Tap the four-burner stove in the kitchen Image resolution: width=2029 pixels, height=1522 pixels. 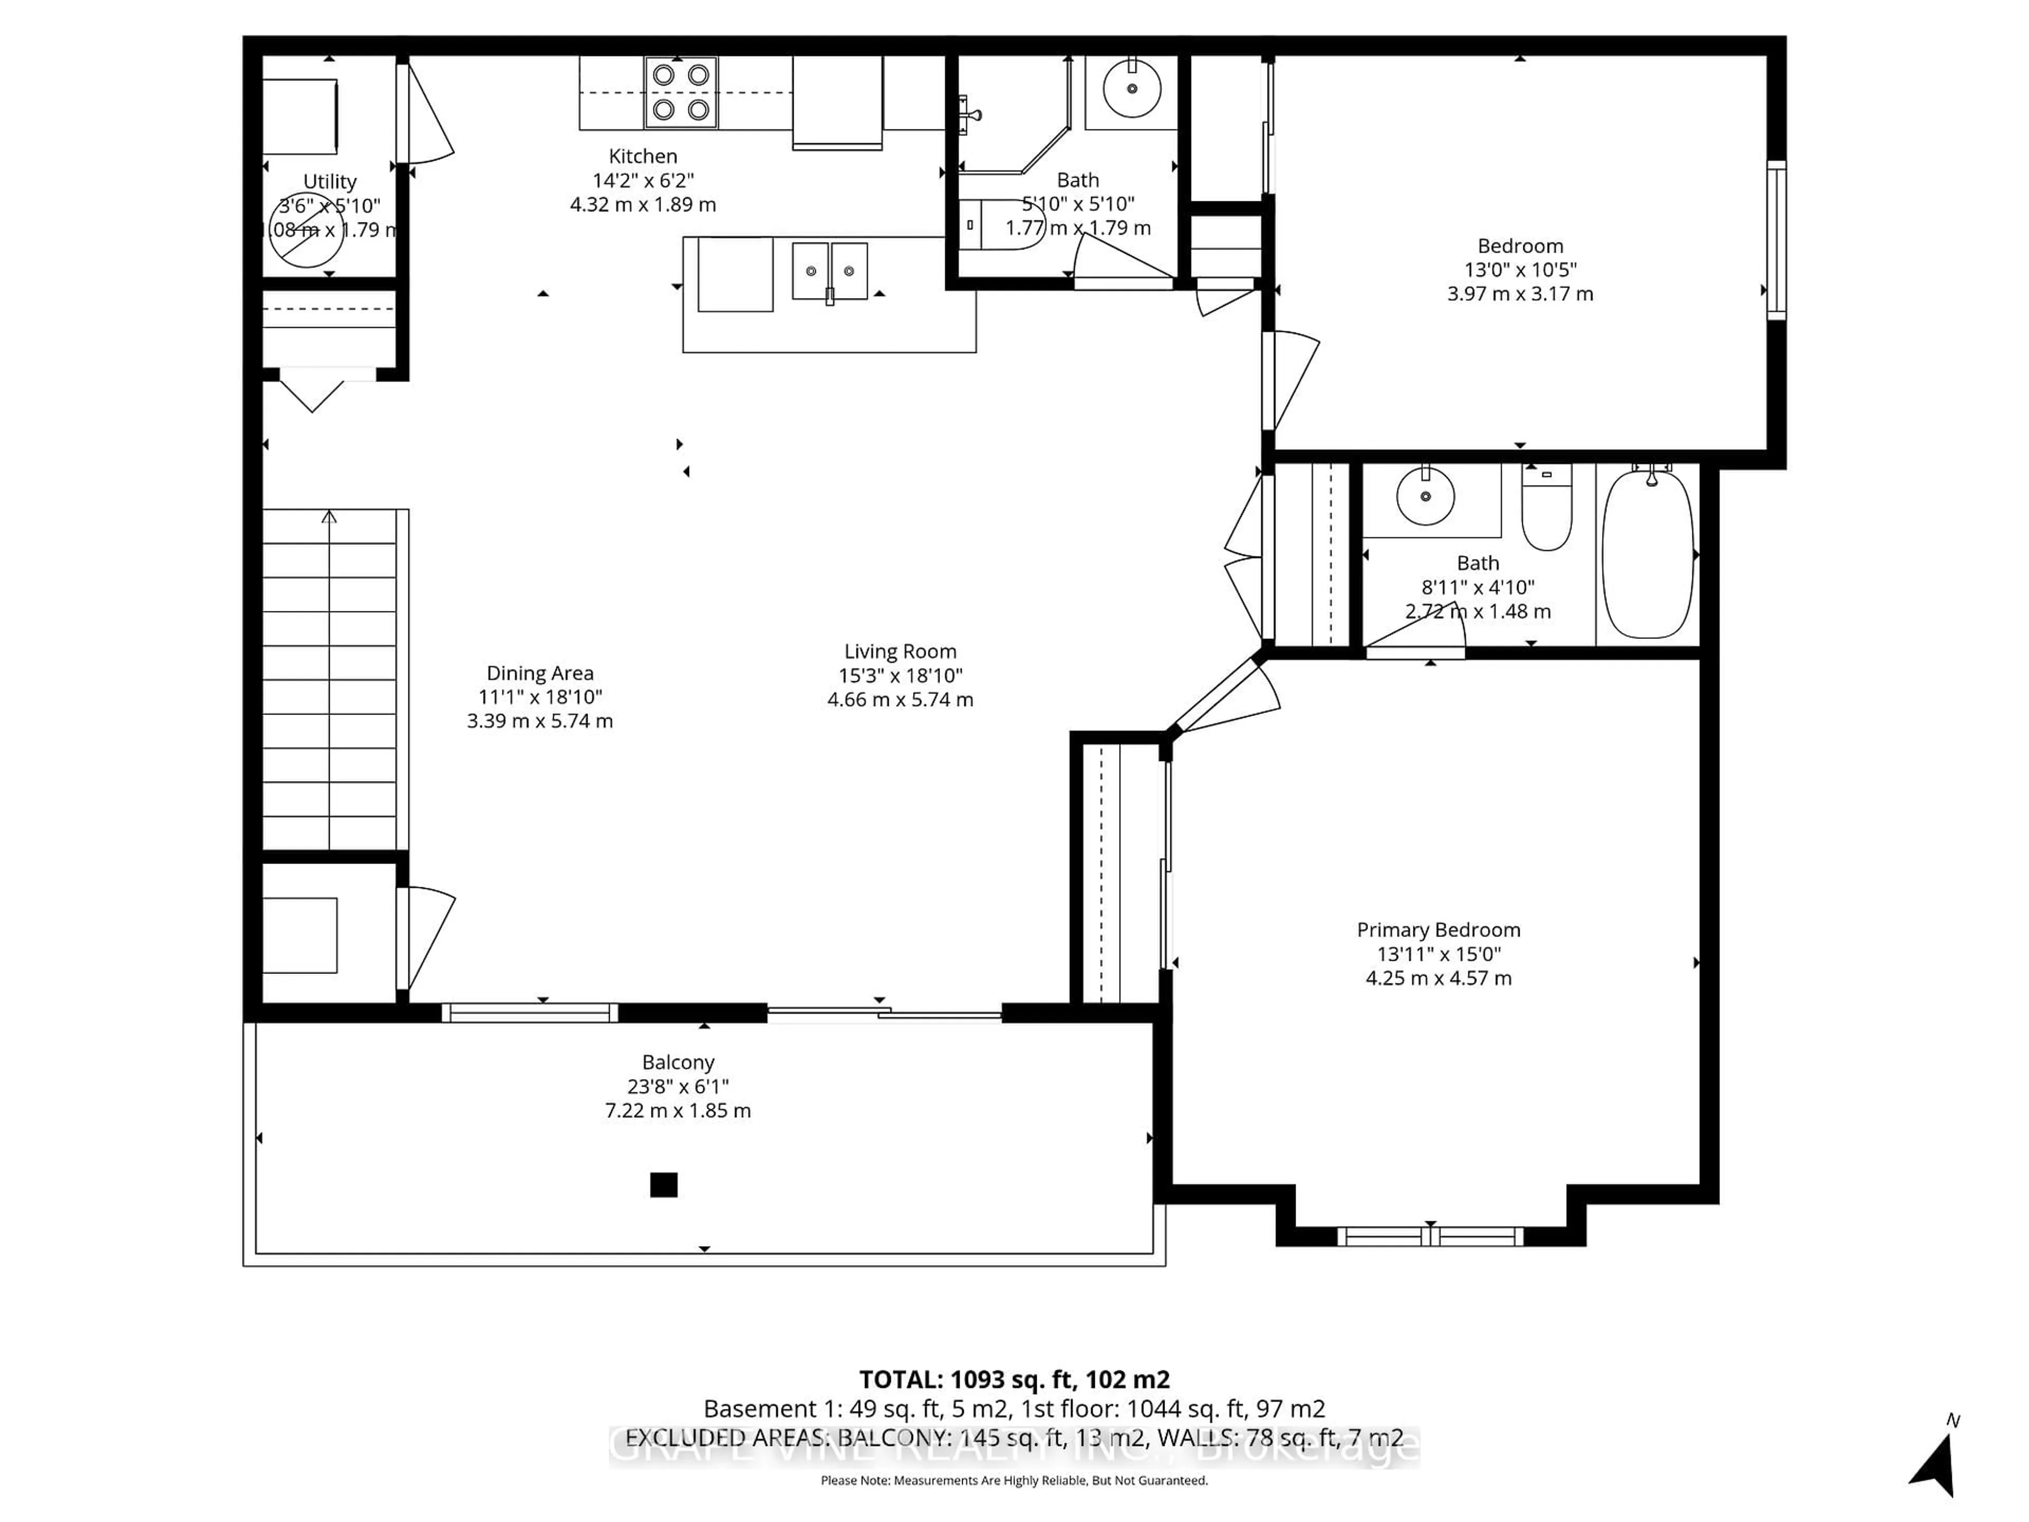click(x=681, y=92)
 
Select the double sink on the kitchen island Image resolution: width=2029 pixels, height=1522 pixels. click(x=829, y=271)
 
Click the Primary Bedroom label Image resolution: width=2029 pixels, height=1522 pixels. click(x=1438, y=930)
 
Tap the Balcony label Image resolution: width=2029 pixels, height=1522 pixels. click(x=678, y=1062)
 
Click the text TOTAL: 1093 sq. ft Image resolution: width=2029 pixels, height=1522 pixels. click(x=1013, y=1379)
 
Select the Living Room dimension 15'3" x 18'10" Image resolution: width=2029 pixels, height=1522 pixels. click(x=900, y=676)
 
